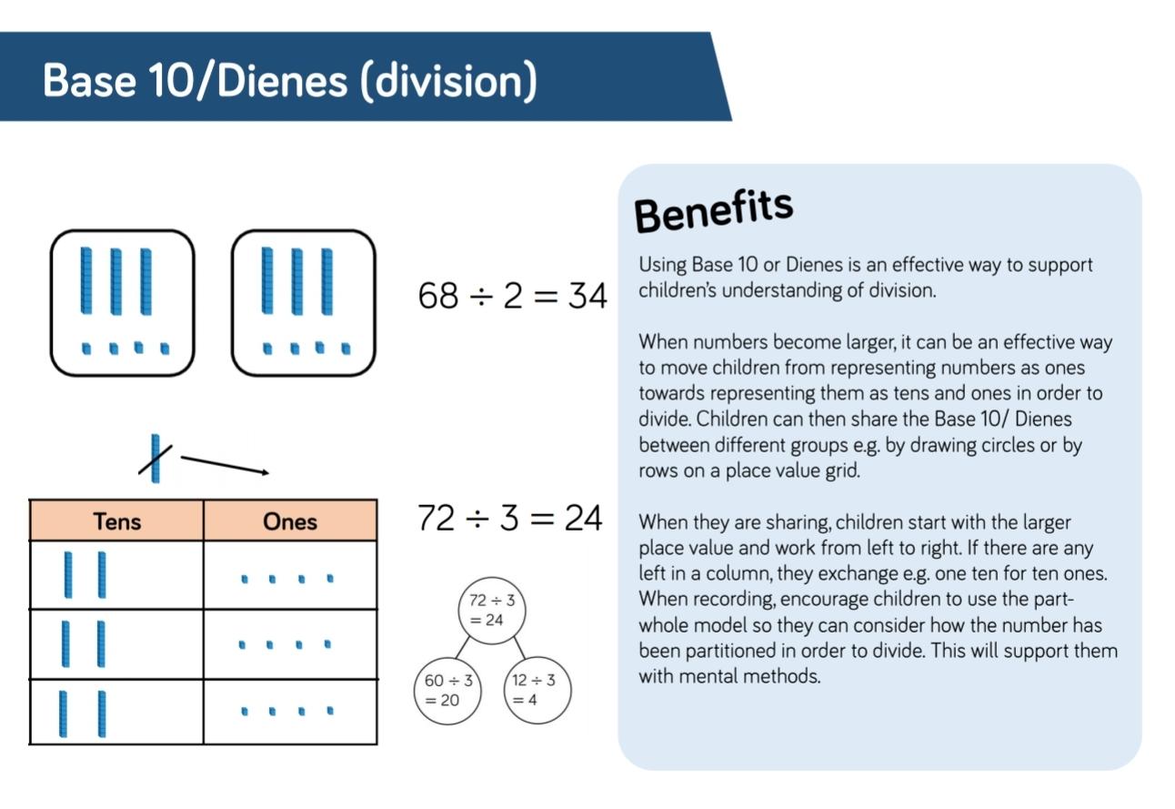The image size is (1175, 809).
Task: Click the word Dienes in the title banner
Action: [282, 80]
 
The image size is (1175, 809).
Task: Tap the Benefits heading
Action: [713, 211]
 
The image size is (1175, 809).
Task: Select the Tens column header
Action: [117, 521]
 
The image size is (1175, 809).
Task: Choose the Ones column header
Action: [290, 521]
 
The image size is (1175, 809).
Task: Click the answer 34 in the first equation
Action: [587, 296]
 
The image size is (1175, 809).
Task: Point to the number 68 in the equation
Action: [438, 296]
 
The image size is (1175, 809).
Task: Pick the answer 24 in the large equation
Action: [583, 518]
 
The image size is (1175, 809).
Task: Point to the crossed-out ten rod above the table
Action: [156, 459]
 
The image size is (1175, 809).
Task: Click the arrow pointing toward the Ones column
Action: [225, 465]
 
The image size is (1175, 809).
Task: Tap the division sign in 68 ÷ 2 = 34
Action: [481, 297]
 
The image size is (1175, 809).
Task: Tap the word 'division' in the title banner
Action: [448, 81]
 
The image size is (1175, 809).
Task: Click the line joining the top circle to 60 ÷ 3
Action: [462, 648]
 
